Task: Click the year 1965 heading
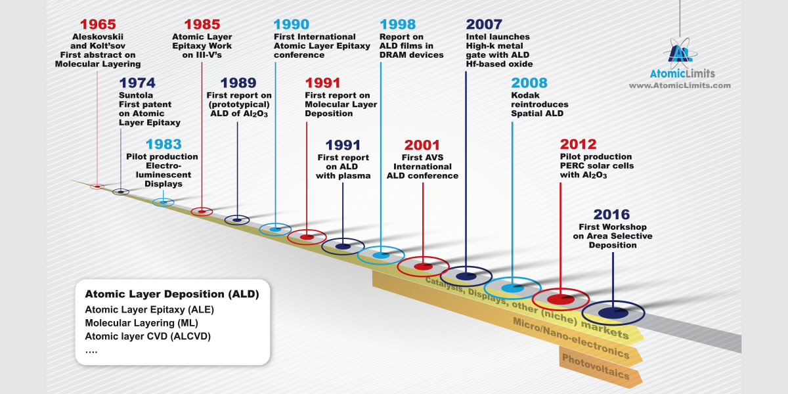(98, 25)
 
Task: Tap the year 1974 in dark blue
(137, 83)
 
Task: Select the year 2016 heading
(611, 215)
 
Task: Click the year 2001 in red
(422, 145)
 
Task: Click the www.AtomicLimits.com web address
(680, 85)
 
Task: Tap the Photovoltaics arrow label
(596, 366)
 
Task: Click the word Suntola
(136, 95)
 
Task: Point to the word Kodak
(525, 95)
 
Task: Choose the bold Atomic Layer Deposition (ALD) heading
(172, 294)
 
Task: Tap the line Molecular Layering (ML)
(141, 323)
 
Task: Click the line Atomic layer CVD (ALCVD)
(148, 336)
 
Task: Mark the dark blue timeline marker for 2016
(613, 313)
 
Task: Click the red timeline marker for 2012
(561, 299)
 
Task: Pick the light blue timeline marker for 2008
(513, 288)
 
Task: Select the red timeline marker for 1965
(97, 186)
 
